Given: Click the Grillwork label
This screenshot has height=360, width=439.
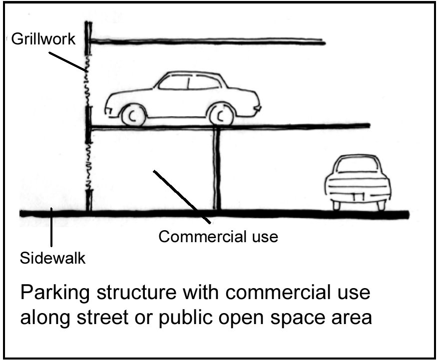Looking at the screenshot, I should pyautogui.click(x=42, y=39).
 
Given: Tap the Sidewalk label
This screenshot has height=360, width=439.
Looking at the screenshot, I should pyautogui.click(x=52, y=259).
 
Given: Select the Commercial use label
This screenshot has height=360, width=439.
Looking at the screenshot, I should pyautogui.click(x=218, y=236).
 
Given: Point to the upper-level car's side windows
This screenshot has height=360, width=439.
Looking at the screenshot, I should pyautogui.click(x=189, y=82).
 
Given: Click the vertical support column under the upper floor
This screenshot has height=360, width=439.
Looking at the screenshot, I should pyautogui.click(x=217, y=170).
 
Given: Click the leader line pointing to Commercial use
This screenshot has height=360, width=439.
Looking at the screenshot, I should pyautogui.click(x=182, y=197).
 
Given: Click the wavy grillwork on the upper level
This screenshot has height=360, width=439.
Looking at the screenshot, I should pyautogui.click(x=88, y=80).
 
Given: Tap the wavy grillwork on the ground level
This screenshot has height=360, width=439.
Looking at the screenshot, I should pyautogui.click(x=88, y=165).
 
